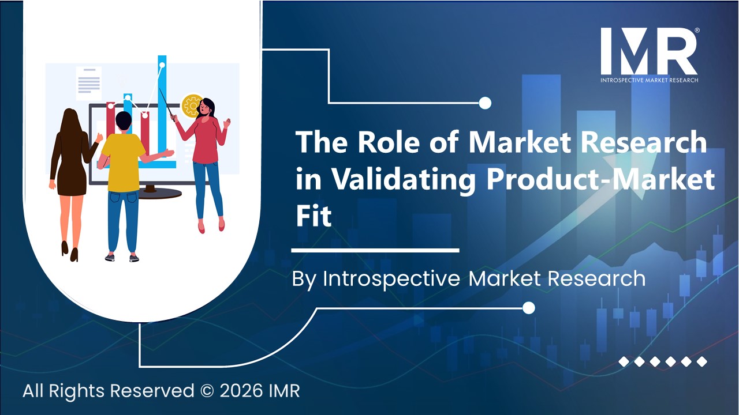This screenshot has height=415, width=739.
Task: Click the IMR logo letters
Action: point(648,51)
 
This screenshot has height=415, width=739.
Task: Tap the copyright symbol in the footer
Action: point(208,391)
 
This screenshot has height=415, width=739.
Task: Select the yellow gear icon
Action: point(192,105)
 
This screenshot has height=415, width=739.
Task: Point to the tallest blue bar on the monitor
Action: point(162,104)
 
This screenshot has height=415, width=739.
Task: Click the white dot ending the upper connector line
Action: point(485,103)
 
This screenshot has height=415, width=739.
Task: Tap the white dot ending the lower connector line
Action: point(528,308)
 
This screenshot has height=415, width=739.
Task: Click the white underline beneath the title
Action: point(375,251)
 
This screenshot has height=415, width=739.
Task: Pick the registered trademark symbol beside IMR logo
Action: point(697,31)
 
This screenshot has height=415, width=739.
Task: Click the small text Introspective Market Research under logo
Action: point(649,80)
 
